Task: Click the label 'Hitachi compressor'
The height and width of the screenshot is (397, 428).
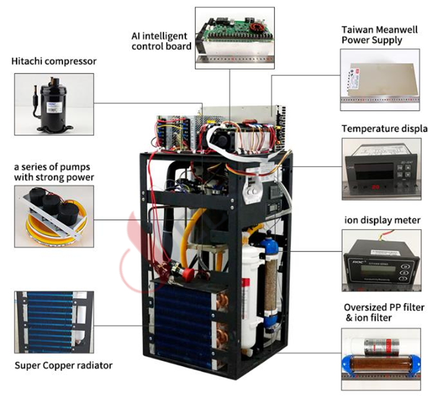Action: tap(54, 61)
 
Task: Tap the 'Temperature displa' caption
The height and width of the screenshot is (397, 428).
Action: tap(384, 129)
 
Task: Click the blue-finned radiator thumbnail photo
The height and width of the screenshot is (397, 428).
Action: tap(53, 322)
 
